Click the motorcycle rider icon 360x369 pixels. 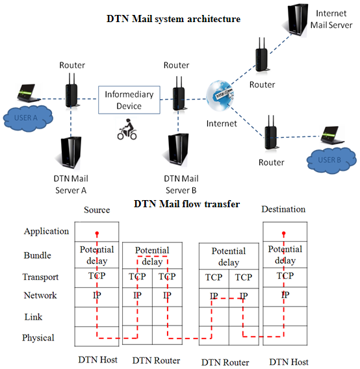pos(127,129)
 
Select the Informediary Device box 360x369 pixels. pos(129,100)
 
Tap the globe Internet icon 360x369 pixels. pos(220,95)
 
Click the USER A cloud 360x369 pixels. pos(28,118)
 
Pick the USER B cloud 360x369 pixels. pos(331,160)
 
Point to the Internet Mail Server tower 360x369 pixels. pos(298,19)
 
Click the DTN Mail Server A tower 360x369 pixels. pos(70,153)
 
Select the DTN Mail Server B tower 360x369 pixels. pos(177,149)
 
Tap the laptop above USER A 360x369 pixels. pos(28,93)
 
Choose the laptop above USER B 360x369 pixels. pos(332,135)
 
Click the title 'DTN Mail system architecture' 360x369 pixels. pos(174,19)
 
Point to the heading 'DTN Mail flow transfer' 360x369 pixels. pos(186,204)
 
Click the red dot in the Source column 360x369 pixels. pos(97,233)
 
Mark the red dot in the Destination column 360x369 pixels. pos(284,233)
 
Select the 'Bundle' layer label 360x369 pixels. pos(38,255)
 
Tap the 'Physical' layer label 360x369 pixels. pos(38,338)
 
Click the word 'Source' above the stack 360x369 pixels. pos(97,210)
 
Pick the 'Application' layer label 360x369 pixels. pos(46,231)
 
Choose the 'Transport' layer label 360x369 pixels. pos(40,277)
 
